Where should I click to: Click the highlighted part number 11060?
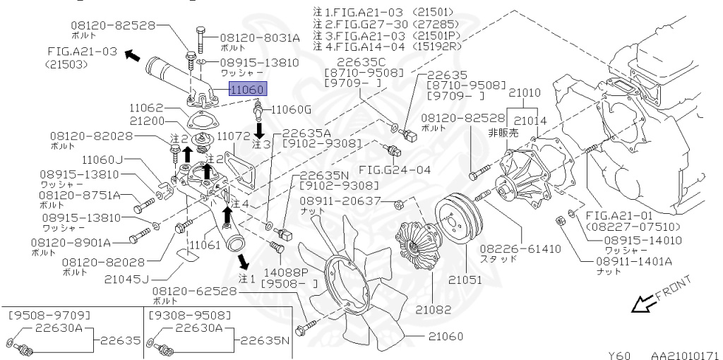click(x=247, y=90)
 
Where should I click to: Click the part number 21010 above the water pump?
click(x=524, y=92)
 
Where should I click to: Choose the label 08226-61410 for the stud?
click(x=521, y=249)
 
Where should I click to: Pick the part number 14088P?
click(x=277, y=270)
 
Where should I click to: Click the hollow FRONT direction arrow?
click(x=643, y=304)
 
